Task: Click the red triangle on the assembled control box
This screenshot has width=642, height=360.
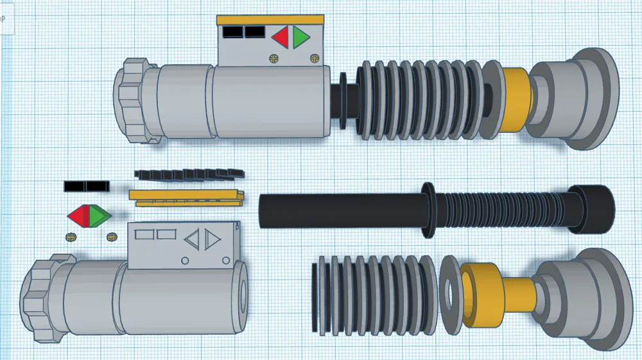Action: [x=281, y=39]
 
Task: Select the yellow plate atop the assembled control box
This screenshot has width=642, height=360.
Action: [x=269, y=21]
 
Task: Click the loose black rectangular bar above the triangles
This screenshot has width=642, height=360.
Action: [x=86, y=186]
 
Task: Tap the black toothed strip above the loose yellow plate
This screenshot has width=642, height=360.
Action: [x=189, y=174]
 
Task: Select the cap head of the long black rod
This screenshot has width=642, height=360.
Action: [x=592, y=209]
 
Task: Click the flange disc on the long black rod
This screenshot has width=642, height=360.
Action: [x=426, y=208]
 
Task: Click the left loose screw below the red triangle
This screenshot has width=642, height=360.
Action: [x=70, y=237]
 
